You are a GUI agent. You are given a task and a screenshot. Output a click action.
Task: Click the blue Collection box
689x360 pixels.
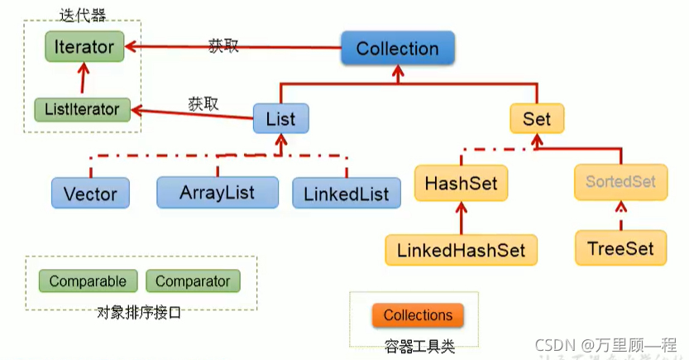[x=397, y=49]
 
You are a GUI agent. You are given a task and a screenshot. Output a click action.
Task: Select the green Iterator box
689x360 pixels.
[x=84, y=46]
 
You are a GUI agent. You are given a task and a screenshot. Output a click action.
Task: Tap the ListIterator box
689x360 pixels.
[x=82, y=109]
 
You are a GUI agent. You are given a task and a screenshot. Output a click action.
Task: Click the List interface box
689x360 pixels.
[x=280, y=118]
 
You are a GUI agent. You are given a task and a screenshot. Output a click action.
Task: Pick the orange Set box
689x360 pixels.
[x=536, y=118]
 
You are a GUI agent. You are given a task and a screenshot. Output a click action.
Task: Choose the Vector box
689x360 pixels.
[x=90, y=194]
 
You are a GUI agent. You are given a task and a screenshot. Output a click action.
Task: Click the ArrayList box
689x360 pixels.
[x=217, y=193]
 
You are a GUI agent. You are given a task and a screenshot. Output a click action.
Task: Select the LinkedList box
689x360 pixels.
[x=346, y=194]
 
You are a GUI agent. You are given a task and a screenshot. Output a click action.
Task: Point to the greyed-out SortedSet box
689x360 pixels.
[x=620, y=181]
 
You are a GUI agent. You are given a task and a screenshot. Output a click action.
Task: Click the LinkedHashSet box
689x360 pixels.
[x=461, y=249]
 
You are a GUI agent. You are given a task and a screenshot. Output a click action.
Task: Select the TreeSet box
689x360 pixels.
[x=620, y=248]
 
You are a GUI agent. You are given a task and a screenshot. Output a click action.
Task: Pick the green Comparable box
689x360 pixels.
[x=88, y=281]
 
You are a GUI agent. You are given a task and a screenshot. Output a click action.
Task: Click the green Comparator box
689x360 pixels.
[x=193, y=281]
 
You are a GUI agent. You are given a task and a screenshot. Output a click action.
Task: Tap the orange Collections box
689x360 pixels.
[x=418, y=315]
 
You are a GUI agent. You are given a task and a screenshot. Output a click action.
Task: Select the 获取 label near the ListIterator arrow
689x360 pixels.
[x=203, y=103]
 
